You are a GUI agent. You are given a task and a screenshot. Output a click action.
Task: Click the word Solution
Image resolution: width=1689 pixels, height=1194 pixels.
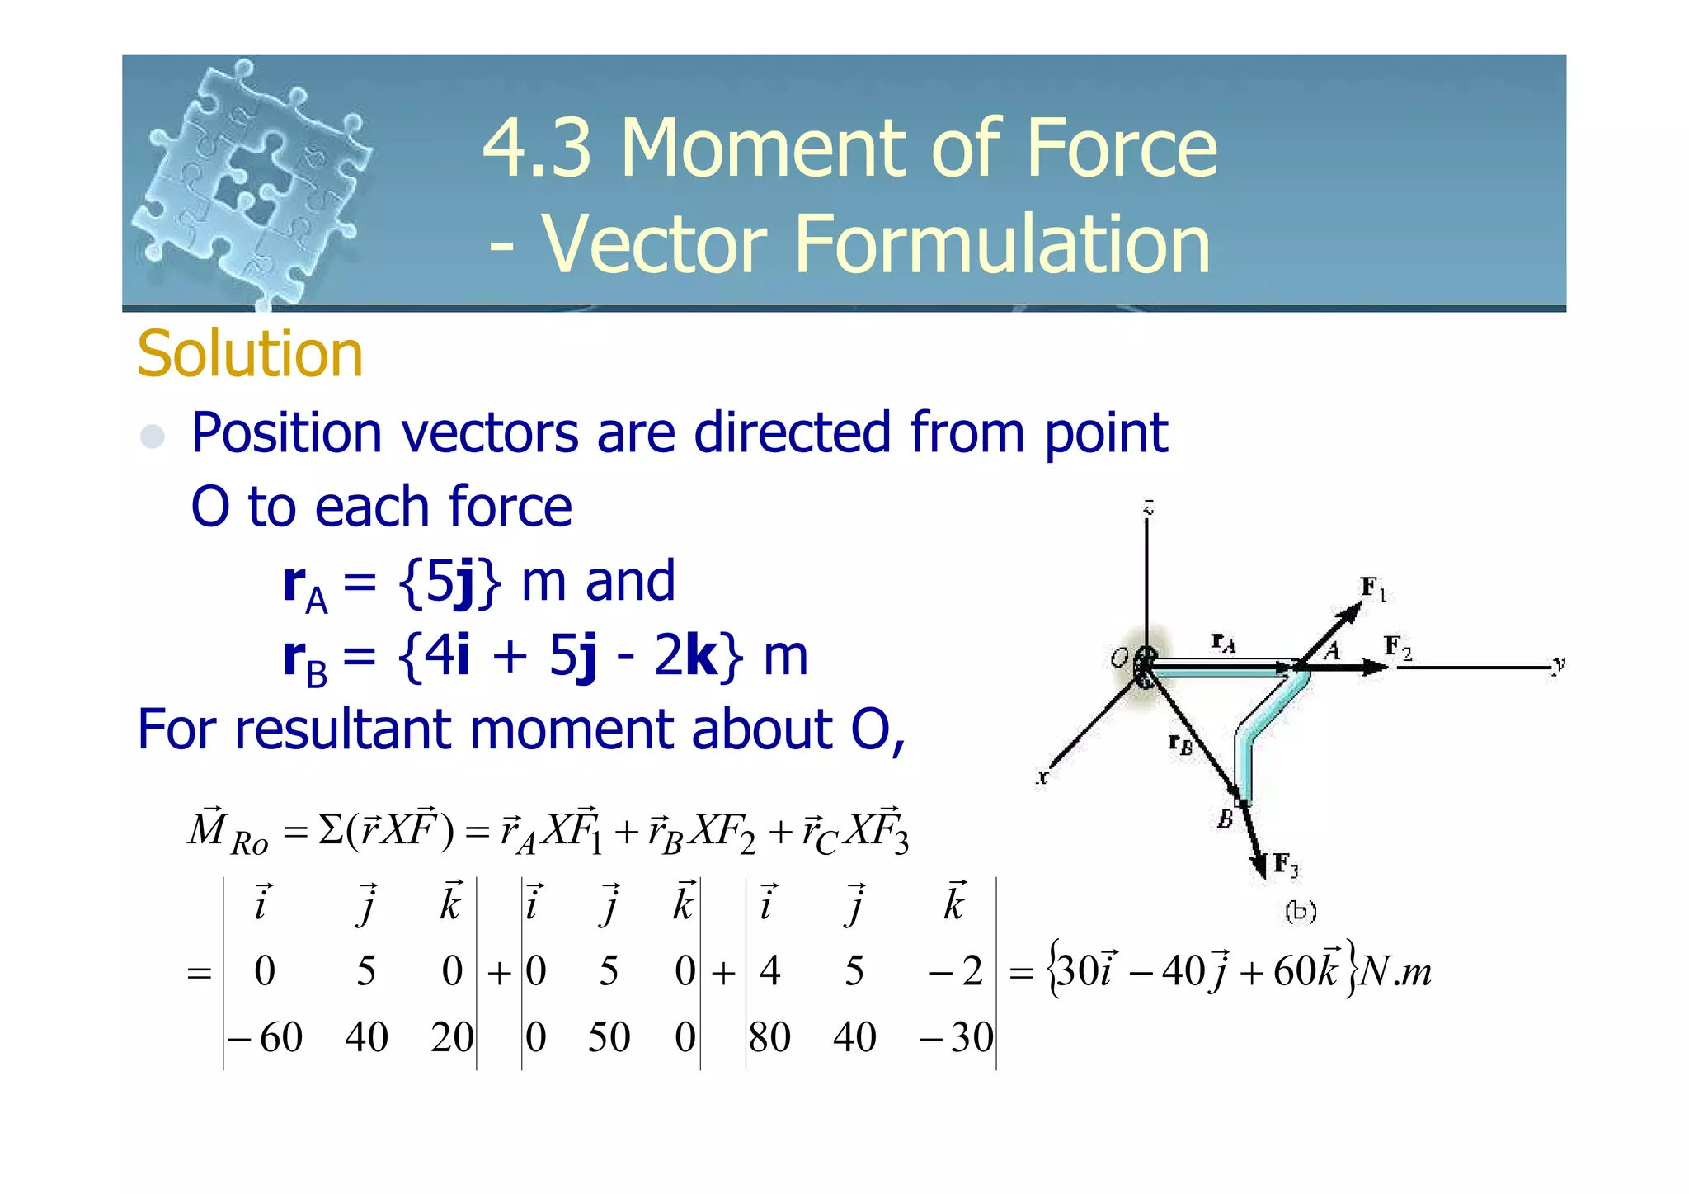pyautogui.click(x=250, y=354)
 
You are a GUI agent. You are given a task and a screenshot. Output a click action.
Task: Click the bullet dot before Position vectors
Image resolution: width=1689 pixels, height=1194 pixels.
pyautogui.click(x=153, y=436)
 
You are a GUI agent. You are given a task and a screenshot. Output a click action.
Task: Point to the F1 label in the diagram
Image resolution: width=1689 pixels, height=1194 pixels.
pyautogui.click(x=1372, y=589)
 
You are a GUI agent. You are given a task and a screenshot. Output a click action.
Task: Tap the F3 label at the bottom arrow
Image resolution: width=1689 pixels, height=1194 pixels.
pyautogui.click(x=1285, y=866)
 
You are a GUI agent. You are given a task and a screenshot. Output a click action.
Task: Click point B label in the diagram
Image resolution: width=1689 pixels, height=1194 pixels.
pyautogui.click(x=1226, y=819)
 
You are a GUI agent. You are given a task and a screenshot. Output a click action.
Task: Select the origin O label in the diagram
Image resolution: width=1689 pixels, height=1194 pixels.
pyautogui.click(x=1119, y=658)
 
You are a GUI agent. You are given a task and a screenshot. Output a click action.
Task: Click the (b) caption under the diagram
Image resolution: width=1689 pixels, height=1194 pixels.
pyautogui.click(x=1301, y=911)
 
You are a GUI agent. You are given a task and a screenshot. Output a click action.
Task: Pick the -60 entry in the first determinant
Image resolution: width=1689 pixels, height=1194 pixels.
pyautogui.click(x=266, y=1037)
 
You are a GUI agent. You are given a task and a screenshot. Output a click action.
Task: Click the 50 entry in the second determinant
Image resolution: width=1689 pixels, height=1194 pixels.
pyautogui.click(x=609, y=1037)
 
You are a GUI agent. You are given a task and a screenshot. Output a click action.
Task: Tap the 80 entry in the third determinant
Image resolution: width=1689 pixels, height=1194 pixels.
pyautogui.click(x=769, y=1037)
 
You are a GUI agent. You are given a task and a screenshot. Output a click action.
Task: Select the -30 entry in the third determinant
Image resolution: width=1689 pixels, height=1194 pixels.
pyautogui.click(x=957, y=1037)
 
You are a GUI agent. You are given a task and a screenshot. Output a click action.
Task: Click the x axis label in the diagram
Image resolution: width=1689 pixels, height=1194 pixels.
pyautogui.click(x=1042, y=777)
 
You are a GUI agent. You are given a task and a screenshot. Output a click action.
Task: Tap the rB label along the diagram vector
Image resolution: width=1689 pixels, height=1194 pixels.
pyautogui.click(x=1180, y=744)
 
